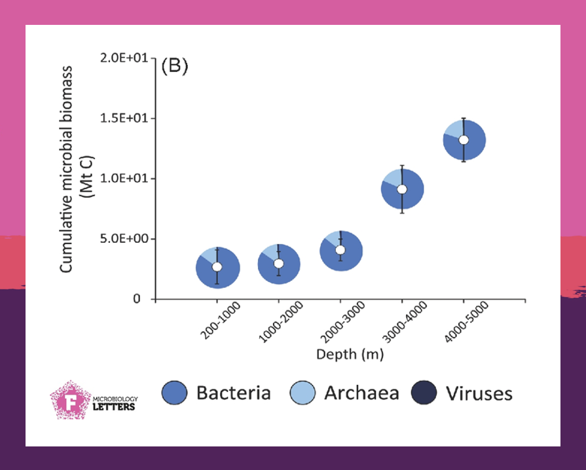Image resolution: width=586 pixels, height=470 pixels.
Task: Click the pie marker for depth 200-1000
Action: click(217, 267)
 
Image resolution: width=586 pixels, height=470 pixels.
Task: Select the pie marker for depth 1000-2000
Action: click(279, 264)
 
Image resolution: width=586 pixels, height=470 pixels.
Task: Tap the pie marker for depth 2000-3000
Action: click(340, 250)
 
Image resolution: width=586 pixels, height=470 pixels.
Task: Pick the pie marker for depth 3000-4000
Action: click(402, 189)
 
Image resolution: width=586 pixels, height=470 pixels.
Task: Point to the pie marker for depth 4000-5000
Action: click(464, 140)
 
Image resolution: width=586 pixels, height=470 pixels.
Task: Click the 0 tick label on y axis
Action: click(136, 299)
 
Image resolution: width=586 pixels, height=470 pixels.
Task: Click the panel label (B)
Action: click(175, 66)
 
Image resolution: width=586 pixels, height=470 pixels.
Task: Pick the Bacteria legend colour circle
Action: click(175, 393)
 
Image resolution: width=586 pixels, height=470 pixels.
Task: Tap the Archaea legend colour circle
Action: click(303, 393)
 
